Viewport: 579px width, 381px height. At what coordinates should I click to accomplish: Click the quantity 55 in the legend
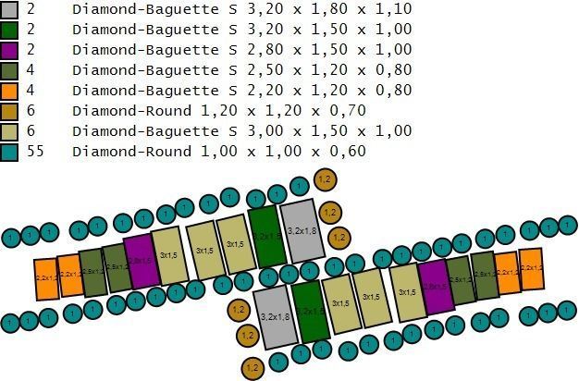(34, 152)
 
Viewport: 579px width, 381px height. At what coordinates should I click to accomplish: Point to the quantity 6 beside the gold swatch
(30, 111)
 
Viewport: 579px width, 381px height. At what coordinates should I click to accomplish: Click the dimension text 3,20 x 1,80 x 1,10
(318, 10)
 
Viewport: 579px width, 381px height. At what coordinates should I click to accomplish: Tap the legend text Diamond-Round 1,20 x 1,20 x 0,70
(219, 111)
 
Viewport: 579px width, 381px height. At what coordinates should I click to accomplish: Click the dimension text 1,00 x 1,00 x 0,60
(297, 152)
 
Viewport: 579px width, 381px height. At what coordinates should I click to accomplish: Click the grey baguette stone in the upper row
(302, 230)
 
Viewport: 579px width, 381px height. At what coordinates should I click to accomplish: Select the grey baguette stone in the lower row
(274, 316)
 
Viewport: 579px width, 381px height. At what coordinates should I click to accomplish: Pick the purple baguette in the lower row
(434, 287)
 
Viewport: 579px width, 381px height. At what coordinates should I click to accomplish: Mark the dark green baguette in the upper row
(265, 237)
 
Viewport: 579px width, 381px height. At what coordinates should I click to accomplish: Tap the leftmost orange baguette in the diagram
(46, 277)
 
